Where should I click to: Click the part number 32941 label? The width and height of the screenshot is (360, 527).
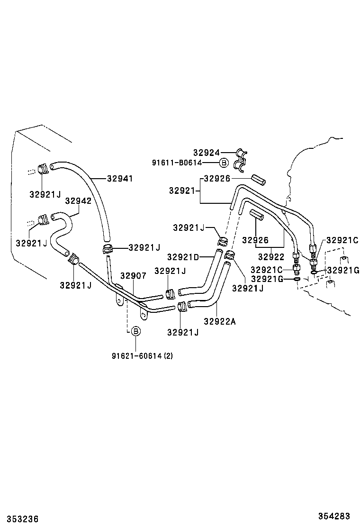point(120,179)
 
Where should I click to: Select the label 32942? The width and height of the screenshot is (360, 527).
point(78,200)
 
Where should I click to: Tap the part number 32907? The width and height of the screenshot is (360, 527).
point(133,275)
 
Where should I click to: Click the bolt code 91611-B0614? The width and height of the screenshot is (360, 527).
point(183,163)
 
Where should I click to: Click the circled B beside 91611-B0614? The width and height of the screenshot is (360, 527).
point(224,163)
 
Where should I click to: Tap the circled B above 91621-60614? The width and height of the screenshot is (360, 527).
point(135,331)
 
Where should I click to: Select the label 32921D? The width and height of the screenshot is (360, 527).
point(183,257)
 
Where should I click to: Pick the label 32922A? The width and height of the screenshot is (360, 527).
point(219,321)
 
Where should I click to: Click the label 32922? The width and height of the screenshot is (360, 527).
point(270,257)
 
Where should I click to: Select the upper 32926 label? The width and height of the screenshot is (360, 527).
point(217,179)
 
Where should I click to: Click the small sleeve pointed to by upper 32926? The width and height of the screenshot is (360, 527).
point(259,180)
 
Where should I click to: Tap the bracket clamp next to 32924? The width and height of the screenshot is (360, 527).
point(242,159)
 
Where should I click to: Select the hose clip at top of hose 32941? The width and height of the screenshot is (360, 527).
point(42,168)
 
